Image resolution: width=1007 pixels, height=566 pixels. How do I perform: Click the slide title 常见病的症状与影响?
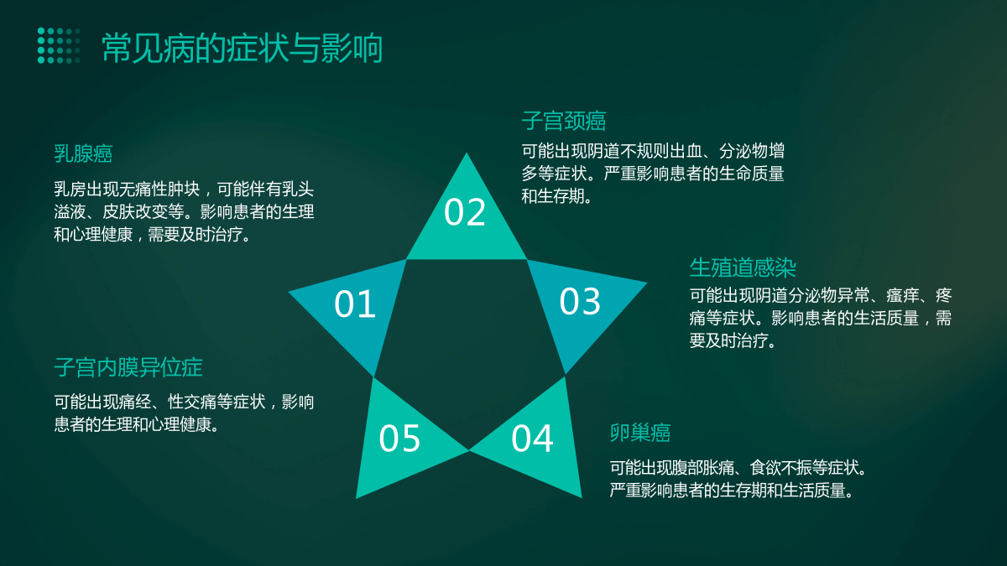[243, 48]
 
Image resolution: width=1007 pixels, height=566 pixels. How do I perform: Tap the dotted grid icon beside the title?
[59, 45]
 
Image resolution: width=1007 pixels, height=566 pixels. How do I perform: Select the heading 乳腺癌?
[83, 153]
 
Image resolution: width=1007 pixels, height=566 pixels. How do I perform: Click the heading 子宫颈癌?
[564, 121]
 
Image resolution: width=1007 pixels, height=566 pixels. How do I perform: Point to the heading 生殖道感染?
[743, 267]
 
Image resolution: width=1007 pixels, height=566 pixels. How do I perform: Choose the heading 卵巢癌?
[640, 433]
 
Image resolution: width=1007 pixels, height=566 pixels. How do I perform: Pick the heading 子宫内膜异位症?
[128, 367]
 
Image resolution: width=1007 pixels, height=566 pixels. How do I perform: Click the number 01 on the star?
[355, 304]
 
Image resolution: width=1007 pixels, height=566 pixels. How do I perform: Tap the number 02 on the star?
[465, 212]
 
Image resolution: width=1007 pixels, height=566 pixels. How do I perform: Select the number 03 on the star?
[580, 301]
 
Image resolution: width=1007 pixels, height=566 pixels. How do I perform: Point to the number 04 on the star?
[532, 439]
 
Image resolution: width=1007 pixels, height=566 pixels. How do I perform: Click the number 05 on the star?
[399, 439]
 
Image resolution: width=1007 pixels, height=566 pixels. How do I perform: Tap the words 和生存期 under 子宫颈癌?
[553, 196]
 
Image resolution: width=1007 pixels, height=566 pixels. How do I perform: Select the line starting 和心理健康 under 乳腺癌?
[153, 235]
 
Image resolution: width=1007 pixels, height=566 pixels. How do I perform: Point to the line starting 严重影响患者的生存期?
[732, 490]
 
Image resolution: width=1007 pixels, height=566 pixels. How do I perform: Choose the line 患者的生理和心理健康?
[137, 424]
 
